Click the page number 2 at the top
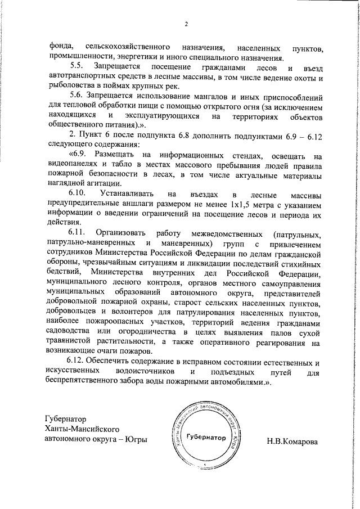click(185, 24)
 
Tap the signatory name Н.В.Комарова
click(292, 441)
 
